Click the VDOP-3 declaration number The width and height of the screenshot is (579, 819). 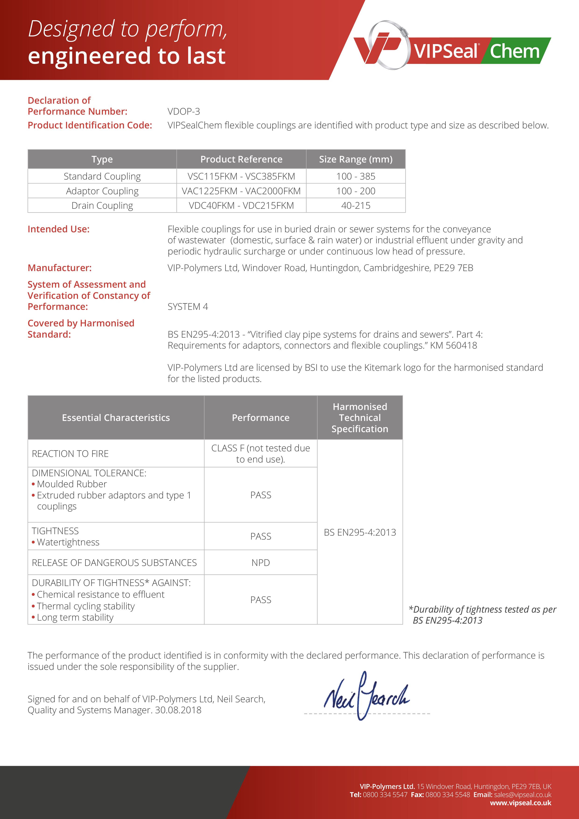point(184,112)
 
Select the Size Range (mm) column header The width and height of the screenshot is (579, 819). point(355,159)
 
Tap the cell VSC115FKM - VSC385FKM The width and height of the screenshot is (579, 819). point(241,176)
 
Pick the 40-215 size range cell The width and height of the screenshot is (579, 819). point(355,205)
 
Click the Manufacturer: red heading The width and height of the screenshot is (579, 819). point(60,268)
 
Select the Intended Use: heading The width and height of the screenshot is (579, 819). point(59,229)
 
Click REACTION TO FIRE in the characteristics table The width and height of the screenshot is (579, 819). point(70,454)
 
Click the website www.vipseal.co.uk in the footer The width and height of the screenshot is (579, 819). point(520,803)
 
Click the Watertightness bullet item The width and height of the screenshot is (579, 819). point(68,542)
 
